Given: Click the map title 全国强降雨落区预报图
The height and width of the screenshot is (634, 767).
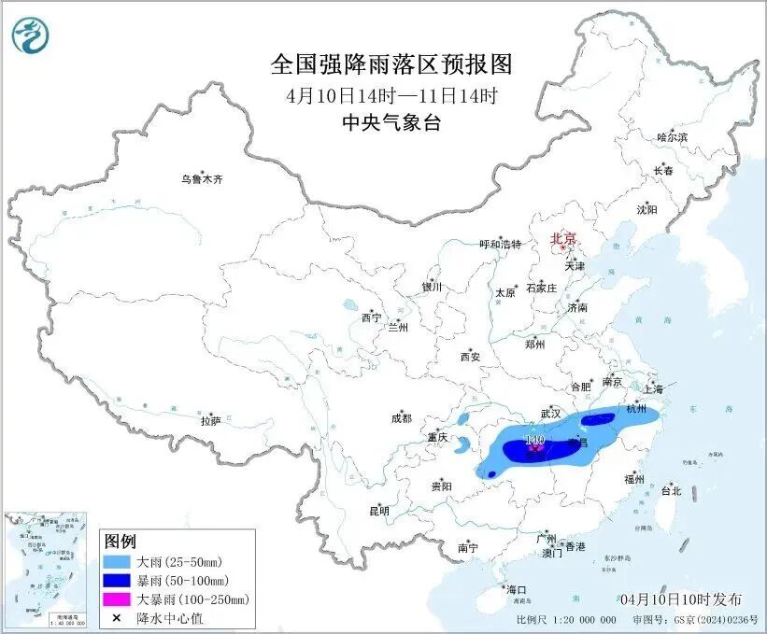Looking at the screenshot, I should coord(392,64).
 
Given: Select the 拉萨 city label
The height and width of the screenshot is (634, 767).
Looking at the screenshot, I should coord(210,421).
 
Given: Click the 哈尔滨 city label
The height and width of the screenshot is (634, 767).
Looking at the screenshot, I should coord(672,137).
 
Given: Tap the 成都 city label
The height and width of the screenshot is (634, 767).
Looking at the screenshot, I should coord(403,418).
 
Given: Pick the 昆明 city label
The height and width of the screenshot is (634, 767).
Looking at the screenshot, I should coord(379,511).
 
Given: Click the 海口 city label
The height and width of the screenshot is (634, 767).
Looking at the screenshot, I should coord(517,589).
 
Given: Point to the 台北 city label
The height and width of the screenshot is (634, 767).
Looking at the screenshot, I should coord(671,490).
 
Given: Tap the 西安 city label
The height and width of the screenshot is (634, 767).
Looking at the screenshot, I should coord(470,357).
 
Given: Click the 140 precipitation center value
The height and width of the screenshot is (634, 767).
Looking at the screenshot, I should coord(535,439).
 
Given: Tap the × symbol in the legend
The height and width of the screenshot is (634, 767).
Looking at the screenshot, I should coord(118,617).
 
